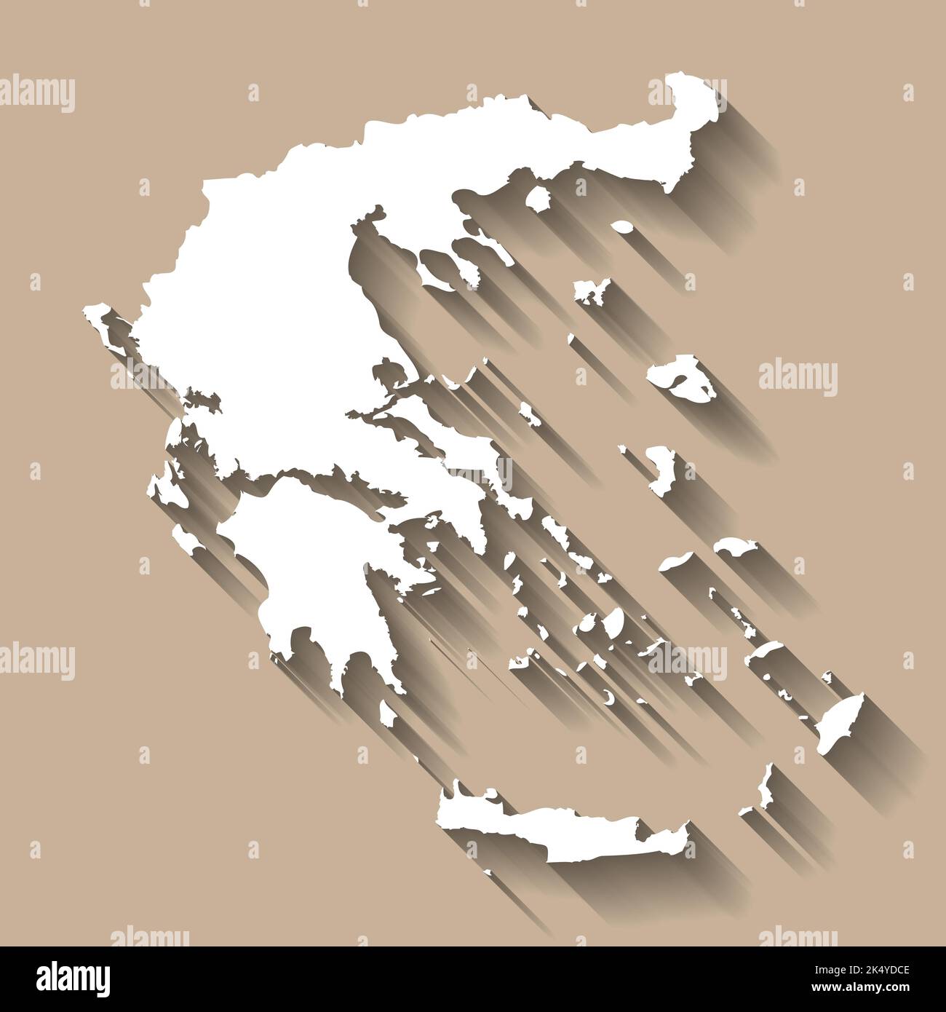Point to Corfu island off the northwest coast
[98, 320]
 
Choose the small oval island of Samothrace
[623, 227]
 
